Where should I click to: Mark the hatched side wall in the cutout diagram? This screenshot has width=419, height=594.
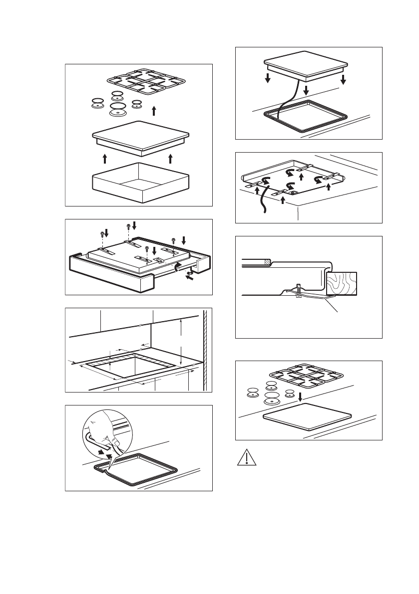pyautogui.click(x=204, y=349)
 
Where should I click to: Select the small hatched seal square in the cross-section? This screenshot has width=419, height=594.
pyautogui.click(x=268, y=261)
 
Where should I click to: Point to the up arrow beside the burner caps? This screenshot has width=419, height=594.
pyautogui.click(x=154, y=110)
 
